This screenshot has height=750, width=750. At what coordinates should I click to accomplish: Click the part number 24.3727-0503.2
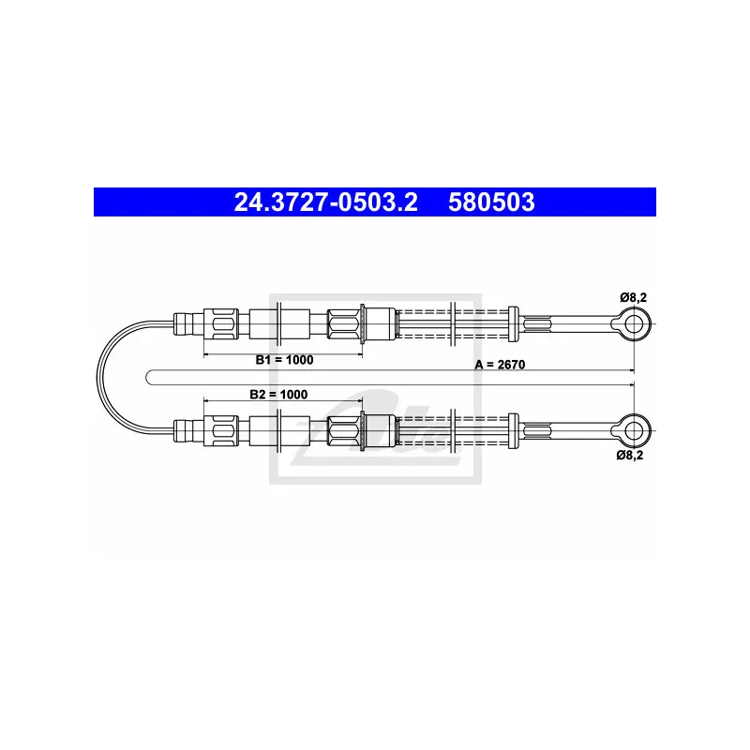tap(325, 202)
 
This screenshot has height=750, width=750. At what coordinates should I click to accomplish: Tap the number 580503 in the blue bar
tap(491, 202)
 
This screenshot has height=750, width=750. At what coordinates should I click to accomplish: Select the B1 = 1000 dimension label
tap(284, 360)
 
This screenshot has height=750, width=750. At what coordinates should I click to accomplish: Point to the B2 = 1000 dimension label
tap(278, 394)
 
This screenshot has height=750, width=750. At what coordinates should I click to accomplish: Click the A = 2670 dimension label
tap(500, 365)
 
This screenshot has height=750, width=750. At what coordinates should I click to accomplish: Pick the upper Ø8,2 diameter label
tap(634, 297)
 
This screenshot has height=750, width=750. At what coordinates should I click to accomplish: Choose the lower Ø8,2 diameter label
tap(630, 455)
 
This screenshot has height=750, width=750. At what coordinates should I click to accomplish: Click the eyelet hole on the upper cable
tap(635, 324)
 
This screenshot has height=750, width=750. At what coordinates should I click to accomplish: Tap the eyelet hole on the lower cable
tap(635, 430)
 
